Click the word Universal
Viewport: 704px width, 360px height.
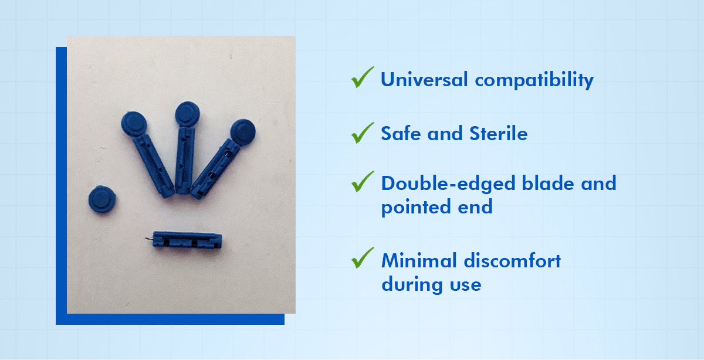(424, 79)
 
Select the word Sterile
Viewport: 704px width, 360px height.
(499, 133)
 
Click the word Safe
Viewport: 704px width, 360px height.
(401, 133)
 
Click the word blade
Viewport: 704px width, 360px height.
(548, 183)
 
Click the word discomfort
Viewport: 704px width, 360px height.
(512, 260)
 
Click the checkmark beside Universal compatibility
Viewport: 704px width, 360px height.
(363, 77)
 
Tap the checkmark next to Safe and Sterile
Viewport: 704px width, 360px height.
(363, 133)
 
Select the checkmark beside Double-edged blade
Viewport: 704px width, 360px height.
(363, 181)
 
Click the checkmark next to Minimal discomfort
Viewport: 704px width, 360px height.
(363, 257)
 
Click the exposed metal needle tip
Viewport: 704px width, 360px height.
(148, 240)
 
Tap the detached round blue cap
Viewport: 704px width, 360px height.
(102, 199)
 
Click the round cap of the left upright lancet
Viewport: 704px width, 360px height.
(134, 124)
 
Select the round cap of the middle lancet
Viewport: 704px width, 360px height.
(187, 114)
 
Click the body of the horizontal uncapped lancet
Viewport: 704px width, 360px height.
(187, 240)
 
